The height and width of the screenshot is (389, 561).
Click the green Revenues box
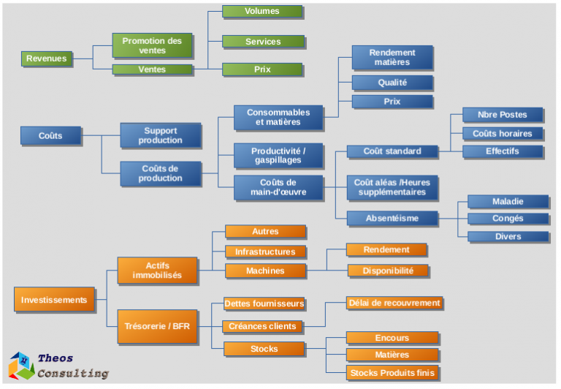[47, 58]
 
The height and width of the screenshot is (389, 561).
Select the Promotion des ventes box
[152, 45]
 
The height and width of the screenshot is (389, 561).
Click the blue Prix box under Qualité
[392, 102]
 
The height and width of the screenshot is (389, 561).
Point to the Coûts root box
[50, 135]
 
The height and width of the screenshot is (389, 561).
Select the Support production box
[160, 135]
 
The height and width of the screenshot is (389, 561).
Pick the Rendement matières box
[392, 57]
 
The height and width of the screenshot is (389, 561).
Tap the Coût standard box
[392, 151]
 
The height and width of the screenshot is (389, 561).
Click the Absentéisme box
[392, 218]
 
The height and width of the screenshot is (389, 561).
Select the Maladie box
[508, 201]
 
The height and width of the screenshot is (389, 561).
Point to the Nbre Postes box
[503, 115]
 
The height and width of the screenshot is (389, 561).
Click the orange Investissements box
[54, 300]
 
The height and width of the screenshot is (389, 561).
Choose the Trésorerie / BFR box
[157, 326]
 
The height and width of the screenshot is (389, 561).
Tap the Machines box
[265, 271]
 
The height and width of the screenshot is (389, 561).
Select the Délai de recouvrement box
[394, 303]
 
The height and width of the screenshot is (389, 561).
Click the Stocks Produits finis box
[392, 374]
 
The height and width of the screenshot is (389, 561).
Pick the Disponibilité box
[387, 271]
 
